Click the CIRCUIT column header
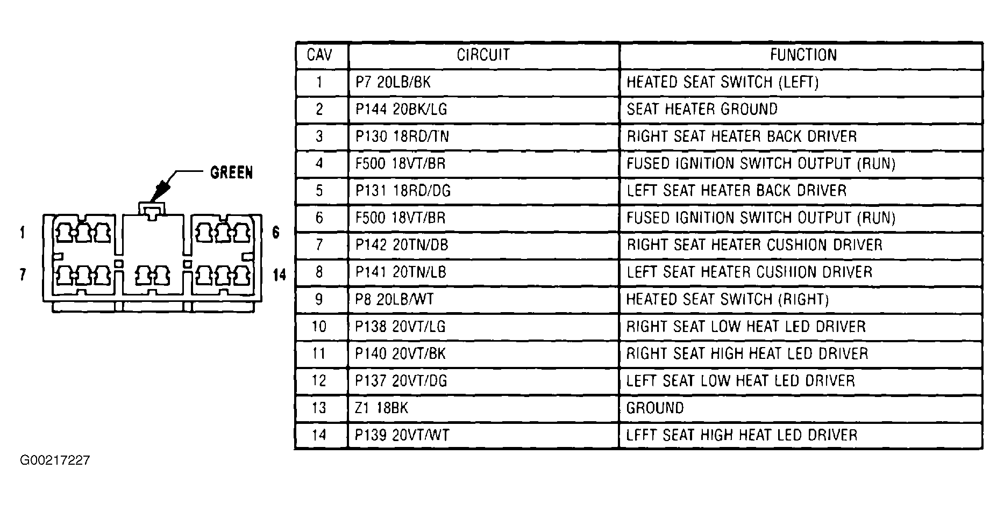click(x=483, y=55)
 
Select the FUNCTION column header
click(x=803, y=55)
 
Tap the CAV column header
click(x=319, y=55)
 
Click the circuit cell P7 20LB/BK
click(x=393, y=82)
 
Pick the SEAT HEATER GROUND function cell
click(x=702, y=109)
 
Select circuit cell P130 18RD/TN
click(x=402, y=136)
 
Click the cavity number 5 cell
click(x=319, y=191)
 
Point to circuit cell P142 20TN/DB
click(x=402, y=245)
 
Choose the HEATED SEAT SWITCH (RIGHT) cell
click(x=727, y=299)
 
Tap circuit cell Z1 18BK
click(x=382, y=408)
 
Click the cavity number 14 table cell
click(x=319, y=435)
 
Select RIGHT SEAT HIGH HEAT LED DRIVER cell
click(x=747, y=353)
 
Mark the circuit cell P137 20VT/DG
click(x=401, y=380)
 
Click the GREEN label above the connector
click(x=231, y=173)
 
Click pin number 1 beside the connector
click(x=22, y=233)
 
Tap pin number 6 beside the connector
click(x=276, y=233)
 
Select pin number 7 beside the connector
click(x=22, y=275)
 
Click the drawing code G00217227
click(x=55, y=460)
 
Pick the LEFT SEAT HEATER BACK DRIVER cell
click(x=736, y=191)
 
